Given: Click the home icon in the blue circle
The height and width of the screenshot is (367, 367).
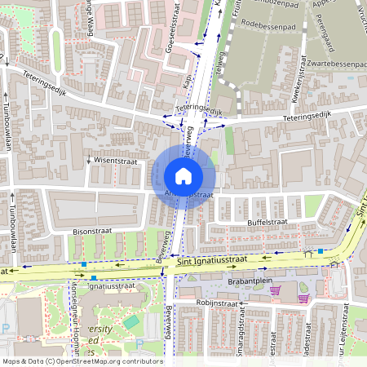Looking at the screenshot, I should tap(183, 175).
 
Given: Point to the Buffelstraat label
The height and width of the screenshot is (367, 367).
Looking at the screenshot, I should tap(268, 222).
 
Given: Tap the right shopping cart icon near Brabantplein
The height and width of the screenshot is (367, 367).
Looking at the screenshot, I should tap(303, 298).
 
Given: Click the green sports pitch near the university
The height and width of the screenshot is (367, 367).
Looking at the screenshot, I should tap(131, 323).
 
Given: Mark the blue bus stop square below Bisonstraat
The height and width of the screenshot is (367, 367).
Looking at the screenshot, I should tap(84, 263).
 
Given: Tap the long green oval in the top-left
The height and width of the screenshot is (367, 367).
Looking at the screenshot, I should tap(56, 45).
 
